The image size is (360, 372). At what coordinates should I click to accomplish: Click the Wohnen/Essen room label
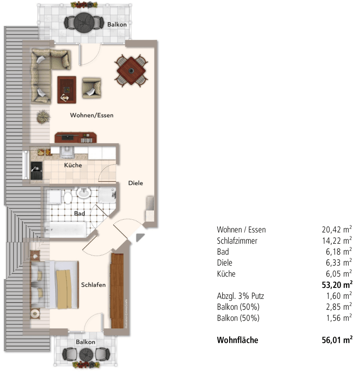[92, 115]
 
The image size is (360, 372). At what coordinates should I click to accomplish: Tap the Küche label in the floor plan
[73, 165]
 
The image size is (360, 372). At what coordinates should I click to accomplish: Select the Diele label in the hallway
[135, 183]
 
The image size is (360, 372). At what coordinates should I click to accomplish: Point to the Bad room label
[79, 213]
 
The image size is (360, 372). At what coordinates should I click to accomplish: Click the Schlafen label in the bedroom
[93, 285]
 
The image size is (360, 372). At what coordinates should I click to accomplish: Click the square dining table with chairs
[131, 70]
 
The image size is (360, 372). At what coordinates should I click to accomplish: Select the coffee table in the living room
[67, 89]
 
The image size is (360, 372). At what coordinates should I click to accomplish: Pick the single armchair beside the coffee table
[91, 88]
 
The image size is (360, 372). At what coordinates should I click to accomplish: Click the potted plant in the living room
[42, 117]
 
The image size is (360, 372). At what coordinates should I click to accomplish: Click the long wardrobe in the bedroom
[118, 291]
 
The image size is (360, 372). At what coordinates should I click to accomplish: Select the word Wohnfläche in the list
[237, 340]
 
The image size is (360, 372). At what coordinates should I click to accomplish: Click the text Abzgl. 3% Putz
[240, 296]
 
